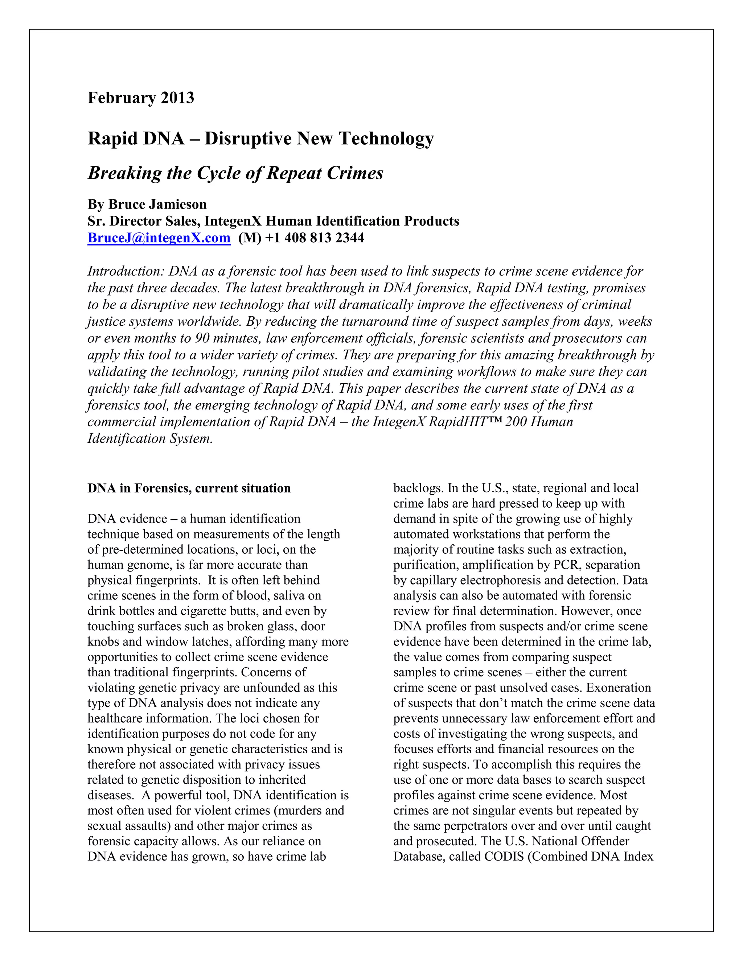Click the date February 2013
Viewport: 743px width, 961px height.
[x=140, y=98]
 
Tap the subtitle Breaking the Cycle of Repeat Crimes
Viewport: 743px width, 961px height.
[x=235, y=173]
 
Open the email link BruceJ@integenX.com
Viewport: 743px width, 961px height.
[x=159, y=238]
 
